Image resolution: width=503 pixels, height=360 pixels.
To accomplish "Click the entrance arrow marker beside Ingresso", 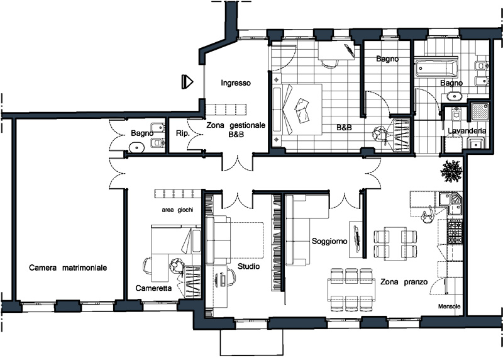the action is [x=187, y=82].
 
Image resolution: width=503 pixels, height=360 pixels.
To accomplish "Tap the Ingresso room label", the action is [x=236, y=83].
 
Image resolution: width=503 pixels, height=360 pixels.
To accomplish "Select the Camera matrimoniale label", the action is [x=68, y=267].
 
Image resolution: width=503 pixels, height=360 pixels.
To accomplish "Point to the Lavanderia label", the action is [x=467, y=131].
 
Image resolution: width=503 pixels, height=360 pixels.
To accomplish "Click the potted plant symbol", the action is [x=451, y=170].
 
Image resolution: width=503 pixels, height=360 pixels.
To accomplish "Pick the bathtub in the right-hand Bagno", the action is [x=435, y=68].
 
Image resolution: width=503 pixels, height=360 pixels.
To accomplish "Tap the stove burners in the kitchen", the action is [x=455, y=232].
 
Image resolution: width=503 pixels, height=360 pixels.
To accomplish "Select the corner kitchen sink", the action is [x=451, y=203].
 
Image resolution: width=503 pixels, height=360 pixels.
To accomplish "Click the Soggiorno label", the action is [x=329, y=241].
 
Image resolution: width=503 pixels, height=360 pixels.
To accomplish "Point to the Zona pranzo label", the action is [x=404, y=282].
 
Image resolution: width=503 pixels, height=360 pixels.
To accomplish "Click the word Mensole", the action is [x=449, y=307].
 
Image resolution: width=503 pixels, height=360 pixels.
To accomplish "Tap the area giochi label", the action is [x=177, y=210].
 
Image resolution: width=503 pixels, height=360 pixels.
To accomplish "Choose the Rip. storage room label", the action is [x=182, y=133].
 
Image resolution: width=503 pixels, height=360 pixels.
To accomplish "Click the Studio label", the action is [x=248, y=266].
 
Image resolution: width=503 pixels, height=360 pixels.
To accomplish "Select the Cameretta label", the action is [x=153, y=288].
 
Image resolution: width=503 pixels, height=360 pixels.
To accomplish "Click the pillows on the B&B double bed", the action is [x=302, y=110].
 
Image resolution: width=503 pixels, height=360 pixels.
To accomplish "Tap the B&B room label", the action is [x=344, y=128].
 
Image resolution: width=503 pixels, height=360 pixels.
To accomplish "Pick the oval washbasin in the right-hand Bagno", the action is [x=453, y=96].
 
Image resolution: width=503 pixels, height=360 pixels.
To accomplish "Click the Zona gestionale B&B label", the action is [x=236, y=130].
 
